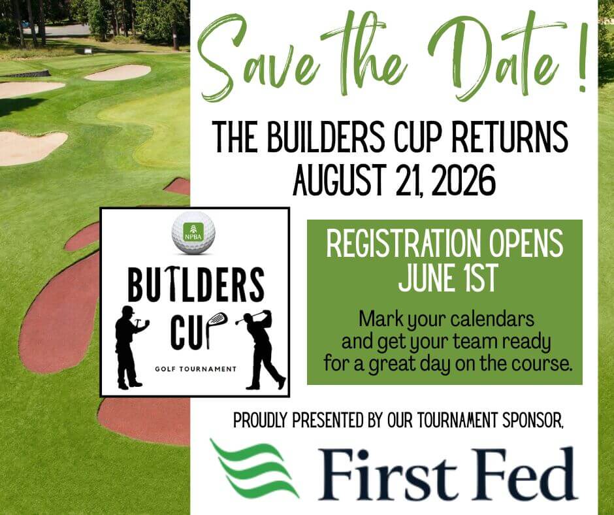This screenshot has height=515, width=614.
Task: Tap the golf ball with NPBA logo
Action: click(193, 231)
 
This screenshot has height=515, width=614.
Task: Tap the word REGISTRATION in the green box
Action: click(395, 244)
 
